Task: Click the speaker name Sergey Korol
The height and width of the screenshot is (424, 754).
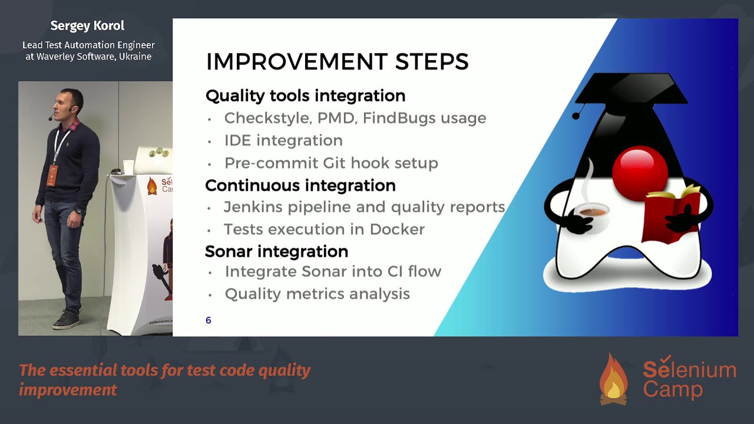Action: point(88,26)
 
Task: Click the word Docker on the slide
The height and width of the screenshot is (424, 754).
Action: point(397,230)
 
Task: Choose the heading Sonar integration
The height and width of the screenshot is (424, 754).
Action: point(277,251)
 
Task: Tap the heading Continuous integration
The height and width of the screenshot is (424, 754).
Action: point(300,185)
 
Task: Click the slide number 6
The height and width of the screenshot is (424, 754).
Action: point(209,320)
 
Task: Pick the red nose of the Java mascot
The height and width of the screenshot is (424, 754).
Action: point(640,174)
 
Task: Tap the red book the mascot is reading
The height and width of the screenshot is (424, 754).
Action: point(672,216)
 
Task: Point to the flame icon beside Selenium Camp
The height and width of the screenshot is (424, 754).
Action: point(614,379)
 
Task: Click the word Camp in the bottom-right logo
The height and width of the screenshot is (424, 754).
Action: point(673,390)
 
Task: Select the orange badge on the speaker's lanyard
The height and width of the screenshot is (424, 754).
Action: point(52,175)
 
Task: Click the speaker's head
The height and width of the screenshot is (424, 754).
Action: point(68,104)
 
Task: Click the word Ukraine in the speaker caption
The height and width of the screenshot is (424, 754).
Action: point(135,57)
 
